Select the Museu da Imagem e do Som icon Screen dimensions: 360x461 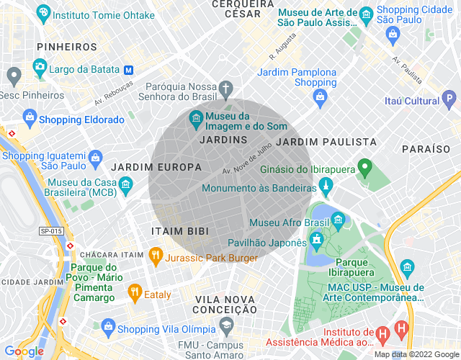[195, 117]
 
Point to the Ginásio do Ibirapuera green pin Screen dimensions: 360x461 [364, 168]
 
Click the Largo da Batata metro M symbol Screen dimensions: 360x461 [129, 70]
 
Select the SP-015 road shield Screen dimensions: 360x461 [51, 230]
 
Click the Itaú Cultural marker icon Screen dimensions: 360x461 [449, 98]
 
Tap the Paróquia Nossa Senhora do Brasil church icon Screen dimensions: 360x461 [225, 89]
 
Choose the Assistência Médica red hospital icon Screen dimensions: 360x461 [382, 333]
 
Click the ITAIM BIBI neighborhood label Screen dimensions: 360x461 [180, 231]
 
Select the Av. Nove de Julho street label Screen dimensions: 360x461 [247, 161]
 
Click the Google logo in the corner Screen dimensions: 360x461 [23, 351]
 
